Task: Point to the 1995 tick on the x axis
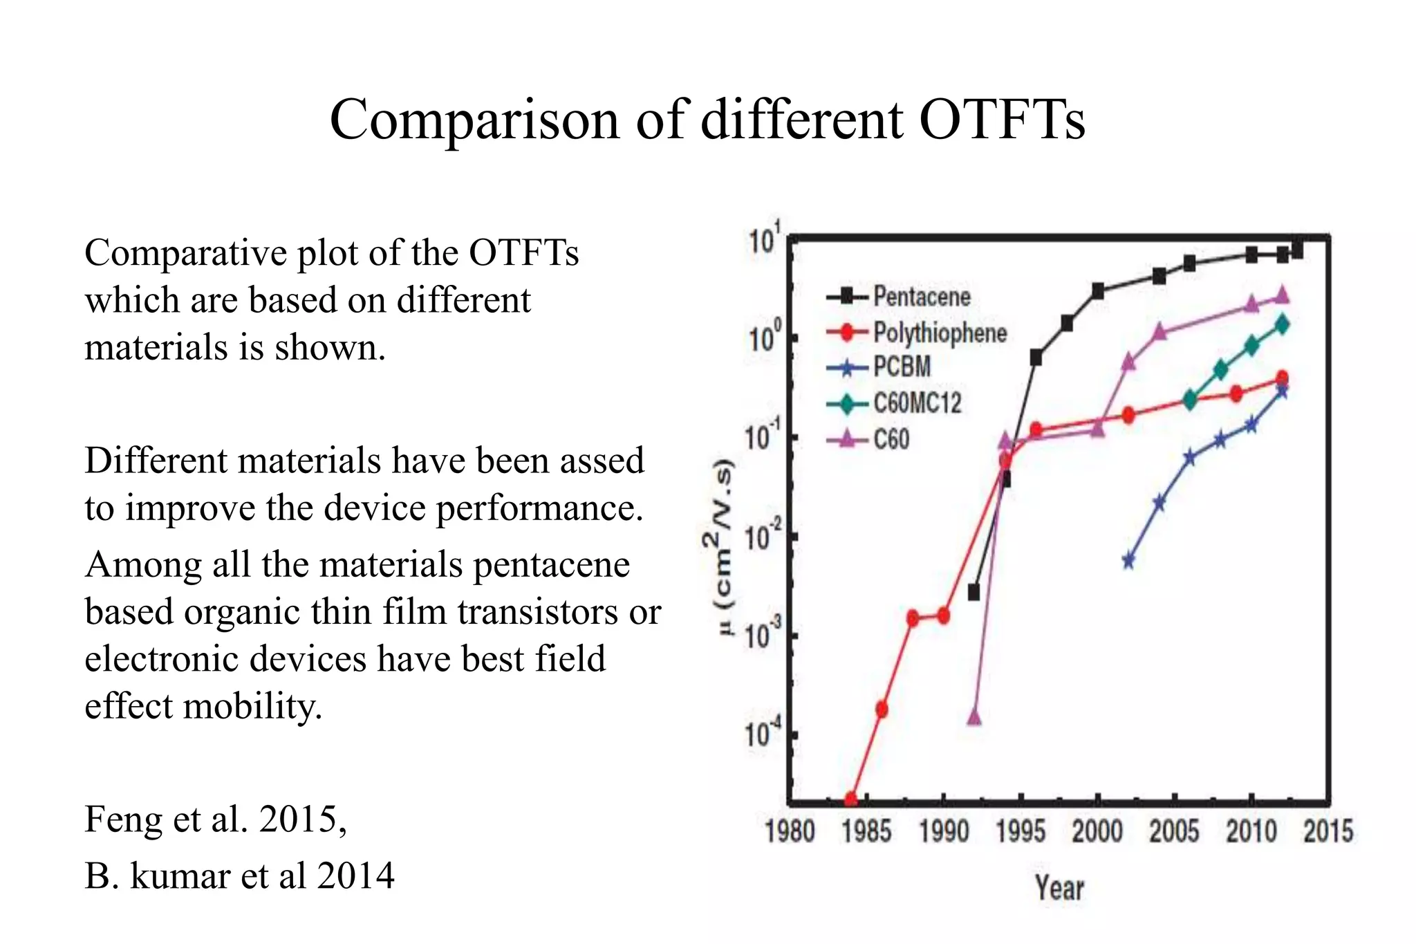click(x=1021, y=831)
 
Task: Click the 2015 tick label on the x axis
click(x=1327, y=831)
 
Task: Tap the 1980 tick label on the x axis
click(x=790, y=831)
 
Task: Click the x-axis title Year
click(x=1059, y=888)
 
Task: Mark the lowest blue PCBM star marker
click(x=1128, y=560)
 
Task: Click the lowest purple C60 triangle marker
click(x=974, y=716)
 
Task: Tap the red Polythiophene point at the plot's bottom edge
click(x=851, y=799)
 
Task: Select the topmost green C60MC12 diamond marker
click(x=1282, y=324)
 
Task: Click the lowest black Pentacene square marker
click(x=974, y=592)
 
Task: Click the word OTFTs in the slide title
click(x=1002, y=120)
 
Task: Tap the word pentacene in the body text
click(x=551, y=564)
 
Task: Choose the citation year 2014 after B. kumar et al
click(x=355, y=876)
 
